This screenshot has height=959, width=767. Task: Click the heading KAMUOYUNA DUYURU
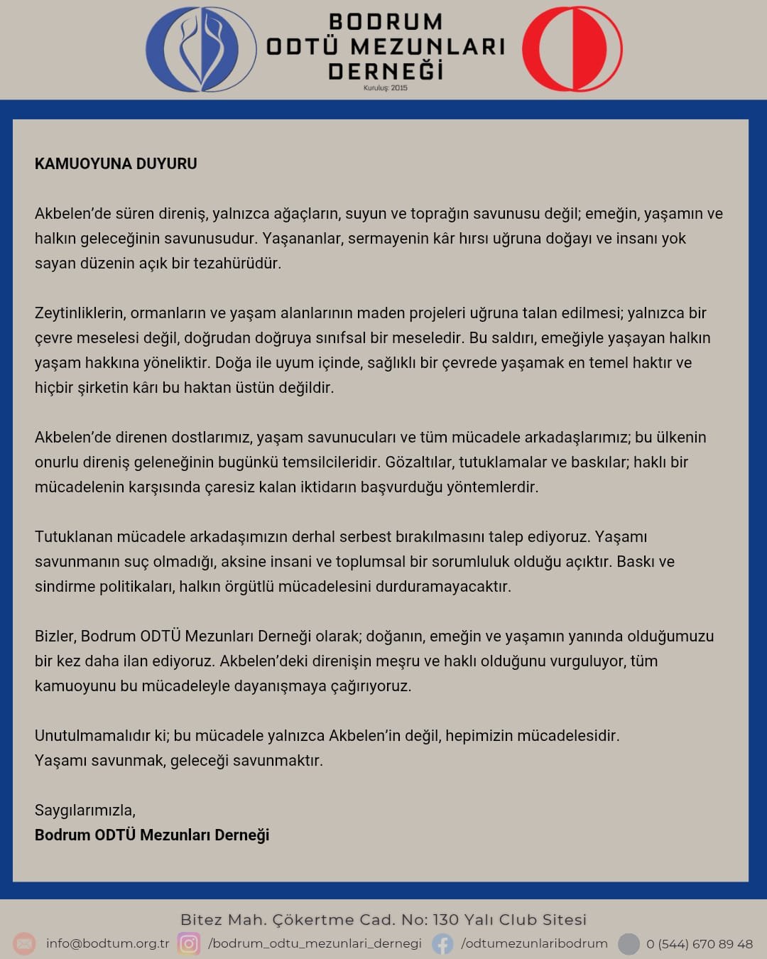(x=116, y=163)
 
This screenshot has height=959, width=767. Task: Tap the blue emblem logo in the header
(x=201, y=49)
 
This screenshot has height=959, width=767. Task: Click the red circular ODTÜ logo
(x=572, y=49)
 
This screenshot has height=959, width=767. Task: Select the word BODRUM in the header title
(x=386, y=22)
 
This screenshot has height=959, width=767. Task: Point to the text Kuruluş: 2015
(x=386, y=88)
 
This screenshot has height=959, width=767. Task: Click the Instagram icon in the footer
(x=188, y=943)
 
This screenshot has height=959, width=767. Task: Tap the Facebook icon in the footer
(x=442, y=943)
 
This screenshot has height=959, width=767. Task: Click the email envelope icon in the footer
(x=24, y=943)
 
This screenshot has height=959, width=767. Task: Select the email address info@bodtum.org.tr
(x=108, y=943)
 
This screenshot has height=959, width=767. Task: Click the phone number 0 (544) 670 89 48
(x=699, y=944)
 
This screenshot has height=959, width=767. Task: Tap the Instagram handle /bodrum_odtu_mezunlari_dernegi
(x=315, y=943)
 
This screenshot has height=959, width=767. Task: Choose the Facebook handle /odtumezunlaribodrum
(x=534, y=943)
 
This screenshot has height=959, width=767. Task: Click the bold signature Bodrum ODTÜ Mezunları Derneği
(x=152, y=835)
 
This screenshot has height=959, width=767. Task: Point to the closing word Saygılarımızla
(x=85, y=810)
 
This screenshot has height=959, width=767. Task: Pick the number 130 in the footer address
(x=445, y=920)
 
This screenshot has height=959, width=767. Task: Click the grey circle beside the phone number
(x=629, y=943)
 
